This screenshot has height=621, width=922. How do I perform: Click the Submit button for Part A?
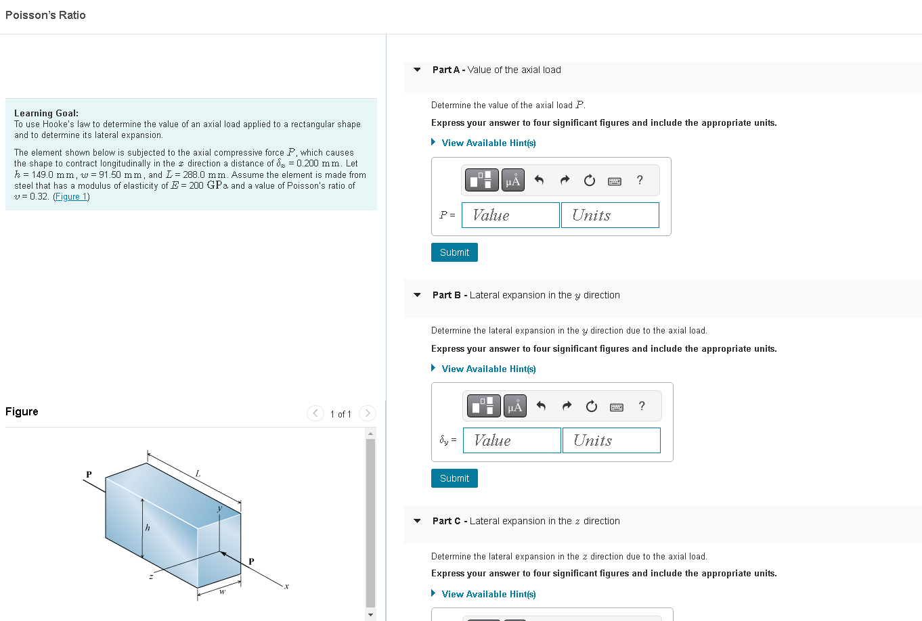454,252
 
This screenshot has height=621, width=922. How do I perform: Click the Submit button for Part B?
454,478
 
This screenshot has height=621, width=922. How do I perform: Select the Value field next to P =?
510,215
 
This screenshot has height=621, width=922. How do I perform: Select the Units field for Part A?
610,215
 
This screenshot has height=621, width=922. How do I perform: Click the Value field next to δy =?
512,440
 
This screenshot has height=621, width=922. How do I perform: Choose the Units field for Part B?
611,440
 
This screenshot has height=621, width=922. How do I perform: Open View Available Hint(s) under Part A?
488,143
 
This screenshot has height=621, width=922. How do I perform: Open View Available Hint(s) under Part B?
488,369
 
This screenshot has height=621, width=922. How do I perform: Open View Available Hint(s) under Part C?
488,594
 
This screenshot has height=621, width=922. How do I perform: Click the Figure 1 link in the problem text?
71,197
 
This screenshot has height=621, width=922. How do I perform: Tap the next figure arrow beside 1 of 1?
367,413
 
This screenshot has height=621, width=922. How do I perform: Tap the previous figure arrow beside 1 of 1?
315,413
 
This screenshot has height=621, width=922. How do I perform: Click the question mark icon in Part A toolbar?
640,180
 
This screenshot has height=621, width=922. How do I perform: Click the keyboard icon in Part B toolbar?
617,407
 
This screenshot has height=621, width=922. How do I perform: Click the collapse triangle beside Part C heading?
417,521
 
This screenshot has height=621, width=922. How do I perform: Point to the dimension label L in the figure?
198,474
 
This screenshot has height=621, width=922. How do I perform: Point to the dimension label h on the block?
148,528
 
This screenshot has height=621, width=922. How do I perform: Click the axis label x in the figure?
286,586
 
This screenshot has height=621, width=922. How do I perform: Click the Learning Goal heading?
46,113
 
